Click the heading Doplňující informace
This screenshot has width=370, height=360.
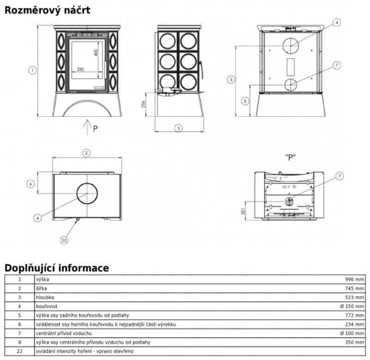coord(56,268)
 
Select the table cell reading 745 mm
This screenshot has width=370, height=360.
coord(355,289)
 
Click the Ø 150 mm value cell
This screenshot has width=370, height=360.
coord(351,306)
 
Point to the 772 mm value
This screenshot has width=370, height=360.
coord(355,315)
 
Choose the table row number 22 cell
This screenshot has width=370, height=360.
coord(19,351)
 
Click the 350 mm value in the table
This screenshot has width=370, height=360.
coord(355,342)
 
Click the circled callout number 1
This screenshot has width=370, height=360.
coord(32,70)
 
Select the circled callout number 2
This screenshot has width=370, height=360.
coord(86,153)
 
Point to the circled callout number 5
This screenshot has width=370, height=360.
coord(231,79)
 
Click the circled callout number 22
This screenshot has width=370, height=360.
coord(64,239)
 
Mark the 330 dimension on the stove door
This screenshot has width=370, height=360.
coord(80,69)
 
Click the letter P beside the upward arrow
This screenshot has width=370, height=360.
coord(95,129)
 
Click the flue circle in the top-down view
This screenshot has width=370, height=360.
coord(87,193)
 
